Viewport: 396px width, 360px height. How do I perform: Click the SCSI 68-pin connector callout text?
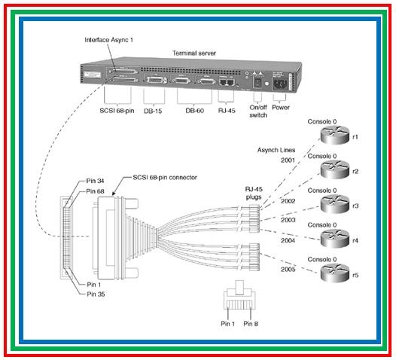(165, 177)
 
